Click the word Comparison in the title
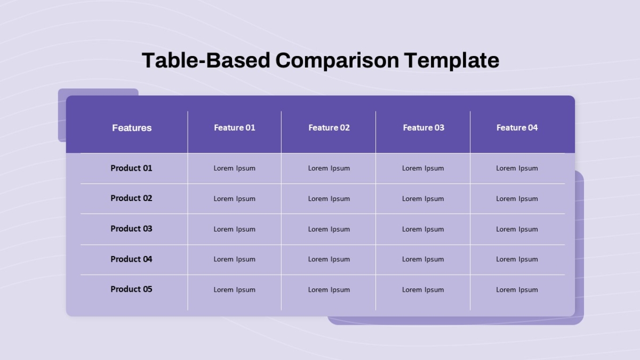(x=337, y=61)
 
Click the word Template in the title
(x=452, y=61)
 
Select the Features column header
(x=132, y=127)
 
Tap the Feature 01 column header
(x=234, y=127)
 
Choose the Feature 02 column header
(x=329, y=127)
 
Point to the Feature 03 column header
(x=423, y=127)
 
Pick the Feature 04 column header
(x=517, y=127)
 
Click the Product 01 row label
(x=131, y=168)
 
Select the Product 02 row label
(x=131, y=198)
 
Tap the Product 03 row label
(x=131, y=229)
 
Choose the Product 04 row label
(x=131, y=259)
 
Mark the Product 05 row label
(x=131, y=289)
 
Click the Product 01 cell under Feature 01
(x=234, y=169)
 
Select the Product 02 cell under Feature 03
(x=423, y=198)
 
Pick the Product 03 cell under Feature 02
(x=329, y=229)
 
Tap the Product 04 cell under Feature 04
(x=517, y=259)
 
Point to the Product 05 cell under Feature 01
(x=234, y=290)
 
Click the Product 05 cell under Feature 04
(x=517, y=290)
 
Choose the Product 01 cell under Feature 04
(x=517, y=169)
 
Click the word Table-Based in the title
(x=206, y=61)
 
